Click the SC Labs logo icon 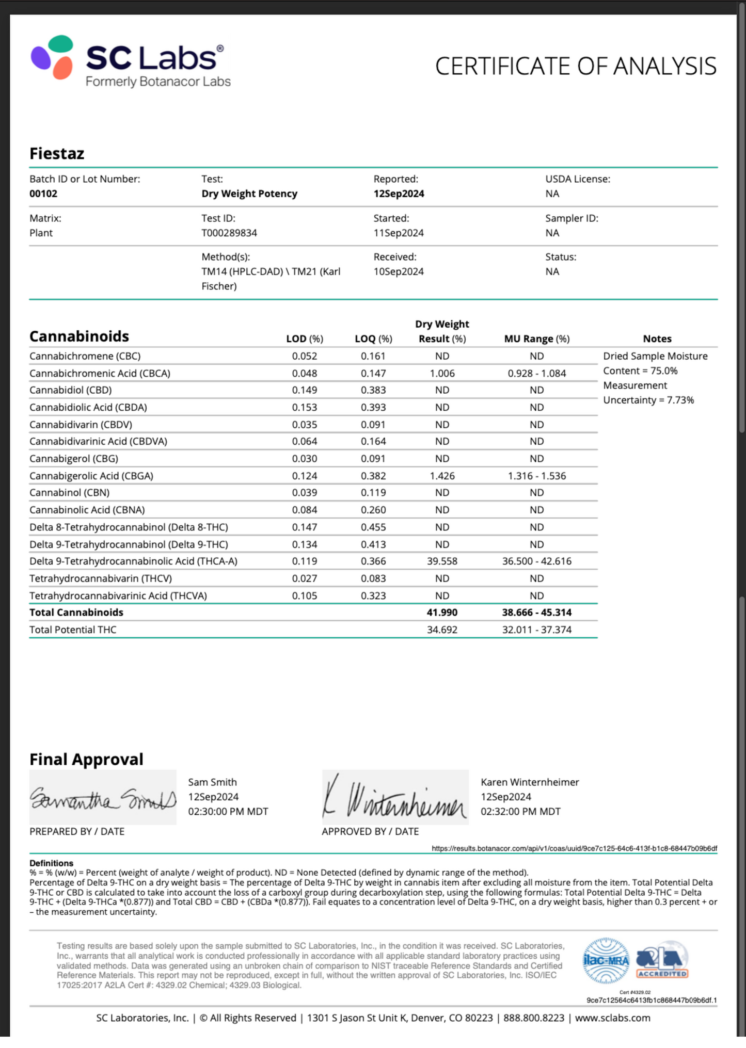click(x=52, y=57)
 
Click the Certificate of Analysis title click(x=576, y=67)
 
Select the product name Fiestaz click(x=57, y=154)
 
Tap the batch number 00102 click(x=43, y=194)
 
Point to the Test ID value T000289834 click(x=229, y=233)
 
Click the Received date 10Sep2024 click(x=399, y=272)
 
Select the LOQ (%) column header click(x=373, y=339)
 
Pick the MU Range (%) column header click(x=537, y=339)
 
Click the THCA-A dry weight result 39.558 click(x=442, y=561)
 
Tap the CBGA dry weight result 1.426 click(x=442, y=476)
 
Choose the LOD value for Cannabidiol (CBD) click(x=305, y=390)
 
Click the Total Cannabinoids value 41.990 click(x=442, y=612)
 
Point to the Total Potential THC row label click(x=73, y=630)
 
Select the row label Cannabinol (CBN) click(x=69, y=493)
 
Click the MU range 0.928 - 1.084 click(x=537, y=374)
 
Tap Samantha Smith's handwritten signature click(x=103, y=798)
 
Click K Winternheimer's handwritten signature click(x=395, y=798)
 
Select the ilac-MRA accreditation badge click(x=606, y=961)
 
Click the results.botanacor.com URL click(x=574, y=849)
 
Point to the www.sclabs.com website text click(x=613, y=1018)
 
